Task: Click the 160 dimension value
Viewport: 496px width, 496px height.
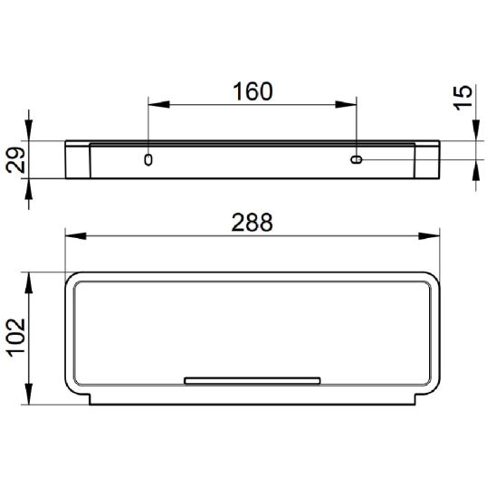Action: pos(253,91)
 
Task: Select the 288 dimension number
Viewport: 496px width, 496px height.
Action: pos(252,223)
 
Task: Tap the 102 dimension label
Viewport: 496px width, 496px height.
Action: pos(16,338)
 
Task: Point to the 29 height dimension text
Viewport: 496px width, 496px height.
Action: pos(15,160)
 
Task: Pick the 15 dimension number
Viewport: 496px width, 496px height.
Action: pos(463,98)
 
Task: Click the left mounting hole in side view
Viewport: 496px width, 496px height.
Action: pos(148,159)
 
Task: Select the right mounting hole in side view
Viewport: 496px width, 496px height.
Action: pos(357,159)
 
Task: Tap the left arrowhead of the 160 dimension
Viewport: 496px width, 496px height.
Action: pos(158,104)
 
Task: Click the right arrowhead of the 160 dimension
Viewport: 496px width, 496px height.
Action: pos(346,104)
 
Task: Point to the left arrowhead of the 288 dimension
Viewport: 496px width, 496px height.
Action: pos(76,236)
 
